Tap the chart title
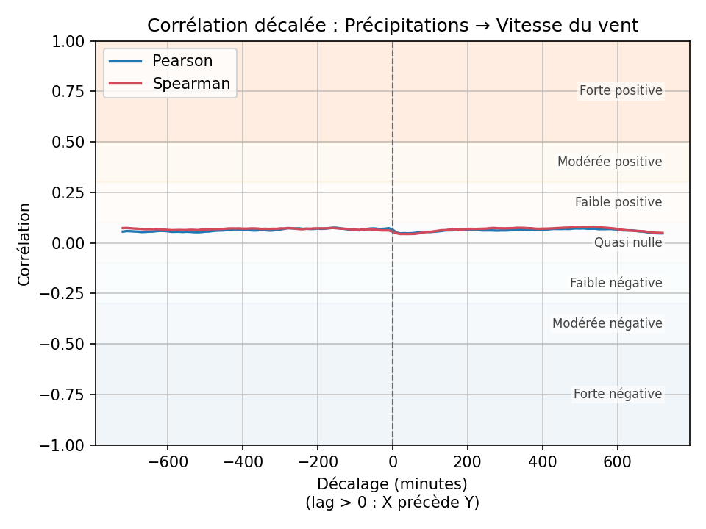(393, 26)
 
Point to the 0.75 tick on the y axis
(69, 91)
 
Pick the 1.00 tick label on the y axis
(69, 41)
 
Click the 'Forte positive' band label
(621, 91)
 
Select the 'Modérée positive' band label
(610, 162)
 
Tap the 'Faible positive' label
(618, 202)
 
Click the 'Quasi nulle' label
(628, 242)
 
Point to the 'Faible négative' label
(616, 283)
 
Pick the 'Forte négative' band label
(618, 395)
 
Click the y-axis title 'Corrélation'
(25, 244)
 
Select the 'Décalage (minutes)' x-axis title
(393, 485)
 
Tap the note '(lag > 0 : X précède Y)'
(393, 503)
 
